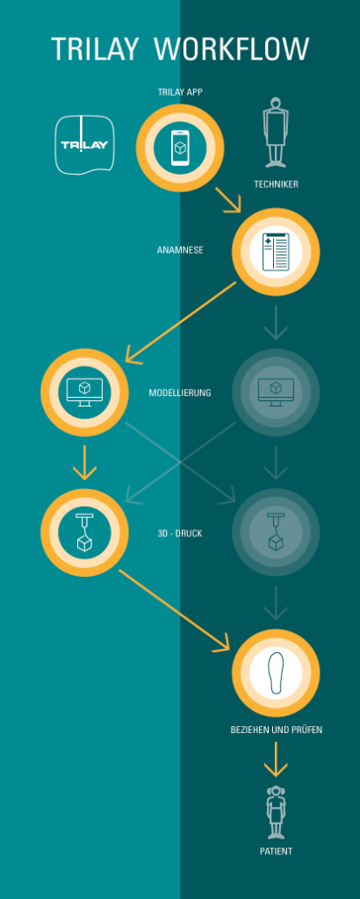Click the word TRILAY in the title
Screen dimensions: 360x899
pyautogui.click(x=95, y=49)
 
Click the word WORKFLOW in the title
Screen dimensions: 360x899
pyautogui.click(x=232, y=49)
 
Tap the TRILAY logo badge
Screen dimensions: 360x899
pyautogui.click(x=84, y=145)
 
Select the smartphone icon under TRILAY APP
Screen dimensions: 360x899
pyautogui.click(x=180, y=147)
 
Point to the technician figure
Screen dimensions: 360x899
pyautogui.click(x=276, y=133)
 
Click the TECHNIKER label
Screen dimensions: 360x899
pyautogui.click(x=277, y=184)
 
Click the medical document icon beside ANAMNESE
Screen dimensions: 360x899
pyautogui.click(x=276, y=252)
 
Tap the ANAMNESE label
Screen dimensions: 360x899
pyautogui.click(x=180, y=250)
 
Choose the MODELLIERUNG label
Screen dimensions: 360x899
pyautogui.click(x=180, y=393)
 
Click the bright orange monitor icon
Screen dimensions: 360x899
pyautogui.click(x=85, y=392)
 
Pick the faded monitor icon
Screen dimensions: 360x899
pyautogui.click(x=276, y=392)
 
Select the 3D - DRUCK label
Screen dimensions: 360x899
pyautogui.click(x=180, y=533)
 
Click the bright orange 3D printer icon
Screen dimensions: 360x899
pyautogui.click(x=85, y=533)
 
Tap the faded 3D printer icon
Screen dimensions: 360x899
pyautogui.click(x=276, y=533)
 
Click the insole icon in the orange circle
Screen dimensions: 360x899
pyautogui.click(x=276, y=672)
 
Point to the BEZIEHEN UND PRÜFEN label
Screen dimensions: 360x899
pyautogui.click(x=277, y=730)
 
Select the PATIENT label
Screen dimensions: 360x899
pyautogui.click(x=277, y=852)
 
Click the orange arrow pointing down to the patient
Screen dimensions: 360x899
pyautogui.click(x=276, y=759)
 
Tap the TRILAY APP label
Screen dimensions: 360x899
pyautogui.click(x=180, y=91)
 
